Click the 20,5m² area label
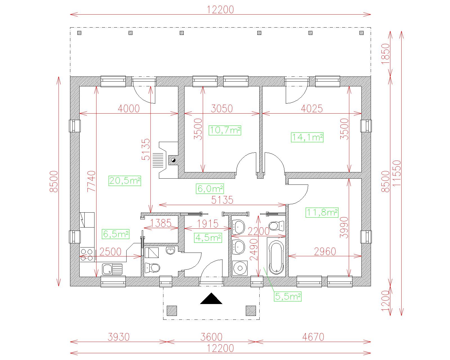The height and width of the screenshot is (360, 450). pyautogui.click(x=125, y=181)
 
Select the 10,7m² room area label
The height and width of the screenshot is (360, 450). pyautogui.click(x=225, y=130)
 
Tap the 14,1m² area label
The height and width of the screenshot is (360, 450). pyautogui.click(x=307, y=137)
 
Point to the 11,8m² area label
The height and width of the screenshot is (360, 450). pyautogui.click(x=322, y=213)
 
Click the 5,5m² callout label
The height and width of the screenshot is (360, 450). pyautogui.click(x=288, y=296)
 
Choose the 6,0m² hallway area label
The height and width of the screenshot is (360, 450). pyautogui.click(x=210, y=189)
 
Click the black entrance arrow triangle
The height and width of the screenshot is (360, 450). pyautogui.click(x=211, y=298)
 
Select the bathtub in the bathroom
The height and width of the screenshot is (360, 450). pyautogui.click(x=276, y=257)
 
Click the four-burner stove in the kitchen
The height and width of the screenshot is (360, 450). pyautogui.click(x=87, y=254)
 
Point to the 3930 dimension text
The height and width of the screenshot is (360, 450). pyautogui.click(x=119, y=337)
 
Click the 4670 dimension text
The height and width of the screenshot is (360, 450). pyautogui.click(x=313, y=337)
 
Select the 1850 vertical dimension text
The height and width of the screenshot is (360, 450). pyautogui.click(x=385, y=54)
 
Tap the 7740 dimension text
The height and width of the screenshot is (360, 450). pyautogui.click(x=91, y=181)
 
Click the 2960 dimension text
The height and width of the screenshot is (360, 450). pyautogui.click(x=325, y=251)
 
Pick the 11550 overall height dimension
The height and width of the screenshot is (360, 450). pyautogui.click(x=397, y=173)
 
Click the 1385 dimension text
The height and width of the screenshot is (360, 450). pyautogui.click(x=161, y=223)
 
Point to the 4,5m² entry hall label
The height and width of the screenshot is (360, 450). pyautogui.click(x=208, y=238)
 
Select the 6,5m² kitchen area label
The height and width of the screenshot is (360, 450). pyautogui.click(x=115, y=234)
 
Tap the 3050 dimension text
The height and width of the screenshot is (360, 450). pyautogui.click(x=222, y=108)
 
